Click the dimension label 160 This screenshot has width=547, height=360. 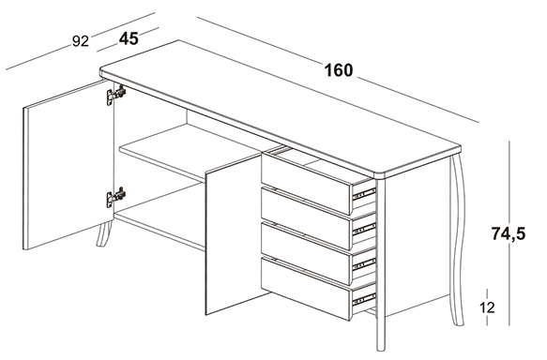(x=339, y=70)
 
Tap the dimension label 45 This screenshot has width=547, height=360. (x=129, y=38)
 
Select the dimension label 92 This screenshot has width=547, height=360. (x=81, y=41)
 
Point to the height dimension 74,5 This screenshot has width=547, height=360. (x=509, y=233)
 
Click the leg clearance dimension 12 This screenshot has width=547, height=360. (x=487, y=307)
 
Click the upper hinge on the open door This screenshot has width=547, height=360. (x=116, y=95)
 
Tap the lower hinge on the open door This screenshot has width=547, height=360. (x=116, y=197)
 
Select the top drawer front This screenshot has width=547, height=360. (x=306, y=184)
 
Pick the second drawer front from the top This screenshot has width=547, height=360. (x=306, y=218)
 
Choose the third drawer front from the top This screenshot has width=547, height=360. (x=306, y=254)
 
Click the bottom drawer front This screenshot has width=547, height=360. (x=306, y=289)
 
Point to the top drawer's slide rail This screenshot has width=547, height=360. (x=365, y=194)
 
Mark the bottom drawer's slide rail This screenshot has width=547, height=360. (x=365, y=299)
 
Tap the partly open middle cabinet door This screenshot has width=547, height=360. (x=234, y=234)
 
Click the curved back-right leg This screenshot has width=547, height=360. (x=458, y=240)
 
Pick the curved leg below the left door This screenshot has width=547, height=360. (x=104, y=233)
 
